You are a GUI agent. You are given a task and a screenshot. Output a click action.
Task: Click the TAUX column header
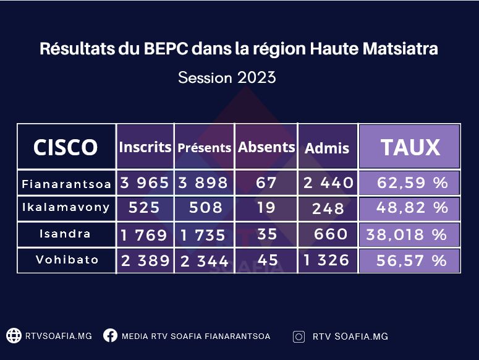(x=410, y=147)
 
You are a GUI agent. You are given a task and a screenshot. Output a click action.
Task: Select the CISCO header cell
(x=66, y=147)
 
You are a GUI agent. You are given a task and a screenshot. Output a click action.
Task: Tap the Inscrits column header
(x=145, y=147)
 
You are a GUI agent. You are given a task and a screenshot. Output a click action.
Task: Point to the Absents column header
(x=266, y=147)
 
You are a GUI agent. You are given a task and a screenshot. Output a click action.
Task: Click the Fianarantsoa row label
(x=66, y=184)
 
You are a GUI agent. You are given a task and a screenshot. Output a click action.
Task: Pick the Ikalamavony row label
(x=66, y=207)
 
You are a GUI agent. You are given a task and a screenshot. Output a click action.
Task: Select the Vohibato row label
(x=67, y=259)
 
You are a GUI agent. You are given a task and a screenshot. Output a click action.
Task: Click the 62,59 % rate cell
(x=412, y=182)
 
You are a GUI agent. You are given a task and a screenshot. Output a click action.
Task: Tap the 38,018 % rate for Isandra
(x=407, y=234)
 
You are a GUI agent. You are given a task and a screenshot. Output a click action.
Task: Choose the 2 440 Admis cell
(x=328, y=182)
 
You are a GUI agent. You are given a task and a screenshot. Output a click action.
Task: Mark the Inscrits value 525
(x=144, y=207)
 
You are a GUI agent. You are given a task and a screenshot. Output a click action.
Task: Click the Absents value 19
(x=266, y=207)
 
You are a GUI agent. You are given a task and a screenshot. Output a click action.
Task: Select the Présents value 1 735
(x=203, y=235)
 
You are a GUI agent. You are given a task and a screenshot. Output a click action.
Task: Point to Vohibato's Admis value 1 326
(x=326, y=260)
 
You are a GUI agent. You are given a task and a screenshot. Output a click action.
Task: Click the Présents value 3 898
(x=203, y=182)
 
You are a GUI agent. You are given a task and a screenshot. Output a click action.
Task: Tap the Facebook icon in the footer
(x=110, y=335)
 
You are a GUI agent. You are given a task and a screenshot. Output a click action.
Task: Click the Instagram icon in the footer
(x=299, y=336)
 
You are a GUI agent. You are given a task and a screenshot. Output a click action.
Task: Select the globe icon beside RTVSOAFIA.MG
(x=14, y=335)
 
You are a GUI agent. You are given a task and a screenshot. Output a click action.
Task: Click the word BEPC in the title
(x=166, y=49)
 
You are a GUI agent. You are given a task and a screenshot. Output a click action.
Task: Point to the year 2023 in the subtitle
(x=256, y=77)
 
